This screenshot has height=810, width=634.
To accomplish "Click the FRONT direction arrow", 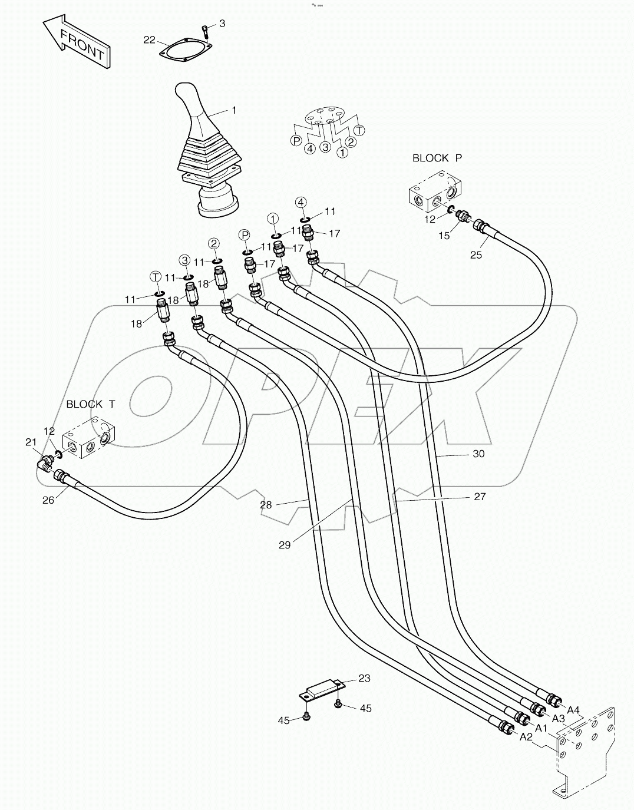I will (x=75, y=43).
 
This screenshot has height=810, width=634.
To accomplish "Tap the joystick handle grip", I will (x=191, y=106).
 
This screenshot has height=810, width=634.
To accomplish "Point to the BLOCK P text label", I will (x=437, y=158).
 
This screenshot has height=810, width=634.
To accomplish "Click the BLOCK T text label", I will (x=91, y=404).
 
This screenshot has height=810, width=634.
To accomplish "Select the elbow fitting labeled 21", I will (x=44, y=460).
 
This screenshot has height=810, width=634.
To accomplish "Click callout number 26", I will (x=48, y=500).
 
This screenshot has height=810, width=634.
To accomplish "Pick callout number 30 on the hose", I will (x=478, y=454).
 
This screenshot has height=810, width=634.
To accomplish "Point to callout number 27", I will (x=480, y=497).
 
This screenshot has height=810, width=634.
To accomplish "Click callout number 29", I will (x=285, y=545).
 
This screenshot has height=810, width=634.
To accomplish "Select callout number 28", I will (x=266, y=505).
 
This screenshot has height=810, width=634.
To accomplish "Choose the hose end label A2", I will (x=526, y=737).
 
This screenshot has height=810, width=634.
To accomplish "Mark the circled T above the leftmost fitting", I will (x=156, y=276).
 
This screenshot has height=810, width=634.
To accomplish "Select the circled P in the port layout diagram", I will (x=296, y=140).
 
